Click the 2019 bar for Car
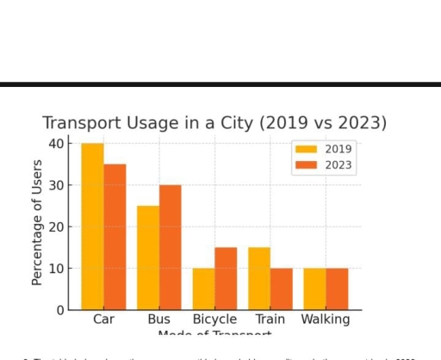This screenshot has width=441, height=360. tap(92, 227)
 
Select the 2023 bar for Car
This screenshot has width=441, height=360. tap(115, 237)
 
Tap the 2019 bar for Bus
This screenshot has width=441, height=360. tap(148, 258)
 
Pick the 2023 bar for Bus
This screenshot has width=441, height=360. tap(171, 247)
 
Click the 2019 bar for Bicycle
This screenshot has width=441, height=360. tap(203, 289)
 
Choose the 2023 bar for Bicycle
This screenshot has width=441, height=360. tap(226, 278)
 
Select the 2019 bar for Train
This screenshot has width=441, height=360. tap(259, 278)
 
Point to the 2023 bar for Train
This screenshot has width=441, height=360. tap(282, 289)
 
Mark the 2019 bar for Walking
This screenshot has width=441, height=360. tap(315, 289)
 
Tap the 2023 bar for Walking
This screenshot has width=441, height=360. tap(337, 289)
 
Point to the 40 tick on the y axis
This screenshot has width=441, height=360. tap(57, 143)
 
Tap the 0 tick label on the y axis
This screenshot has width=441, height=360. tap(60, 310)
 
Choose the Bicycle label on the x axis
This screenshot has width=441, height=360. tap(214, 320)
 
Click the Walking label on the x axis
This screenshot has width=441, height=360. tap(326, 320)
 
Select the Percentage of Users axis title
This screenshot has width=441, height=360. tap(37, 222)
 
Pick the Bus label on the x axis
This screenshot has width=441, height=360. tap(159, 320)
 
